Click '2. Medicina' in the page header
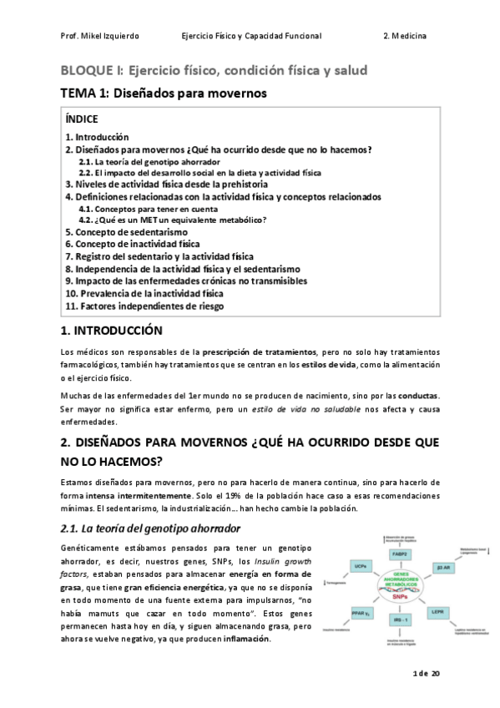pyautogui.click(x=405, y=37)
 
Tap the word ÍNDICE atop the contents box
pyautogui.click(x=82, y=119)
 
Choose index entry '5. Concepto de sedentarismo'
pyautogui.click(x=126, y=232)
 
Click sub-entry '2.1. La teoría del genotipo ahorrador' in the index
pyautogui.click(x=149, y=161)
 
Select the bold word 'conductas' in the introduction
pyautogui.click(x=420, y=394)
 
